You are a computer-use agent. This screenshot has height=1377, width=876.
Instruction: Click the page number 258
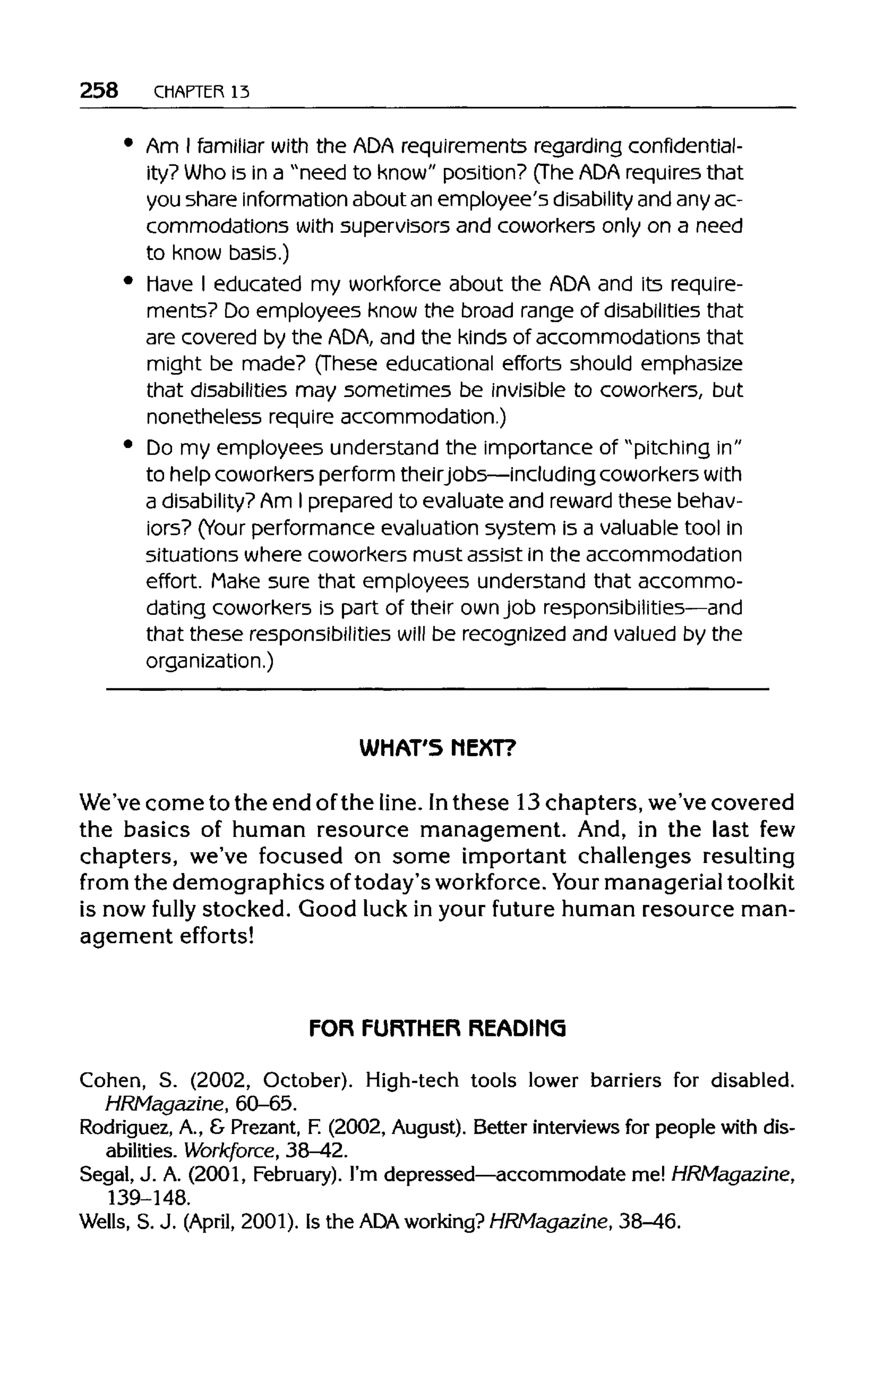click(99, 90)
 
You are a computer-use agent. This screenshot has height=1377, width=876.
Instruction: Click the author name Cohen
click(110, 1080)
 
